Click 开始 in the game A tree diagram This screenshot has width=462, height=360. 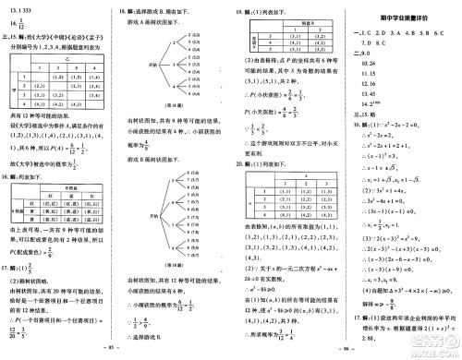(158, 66)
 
